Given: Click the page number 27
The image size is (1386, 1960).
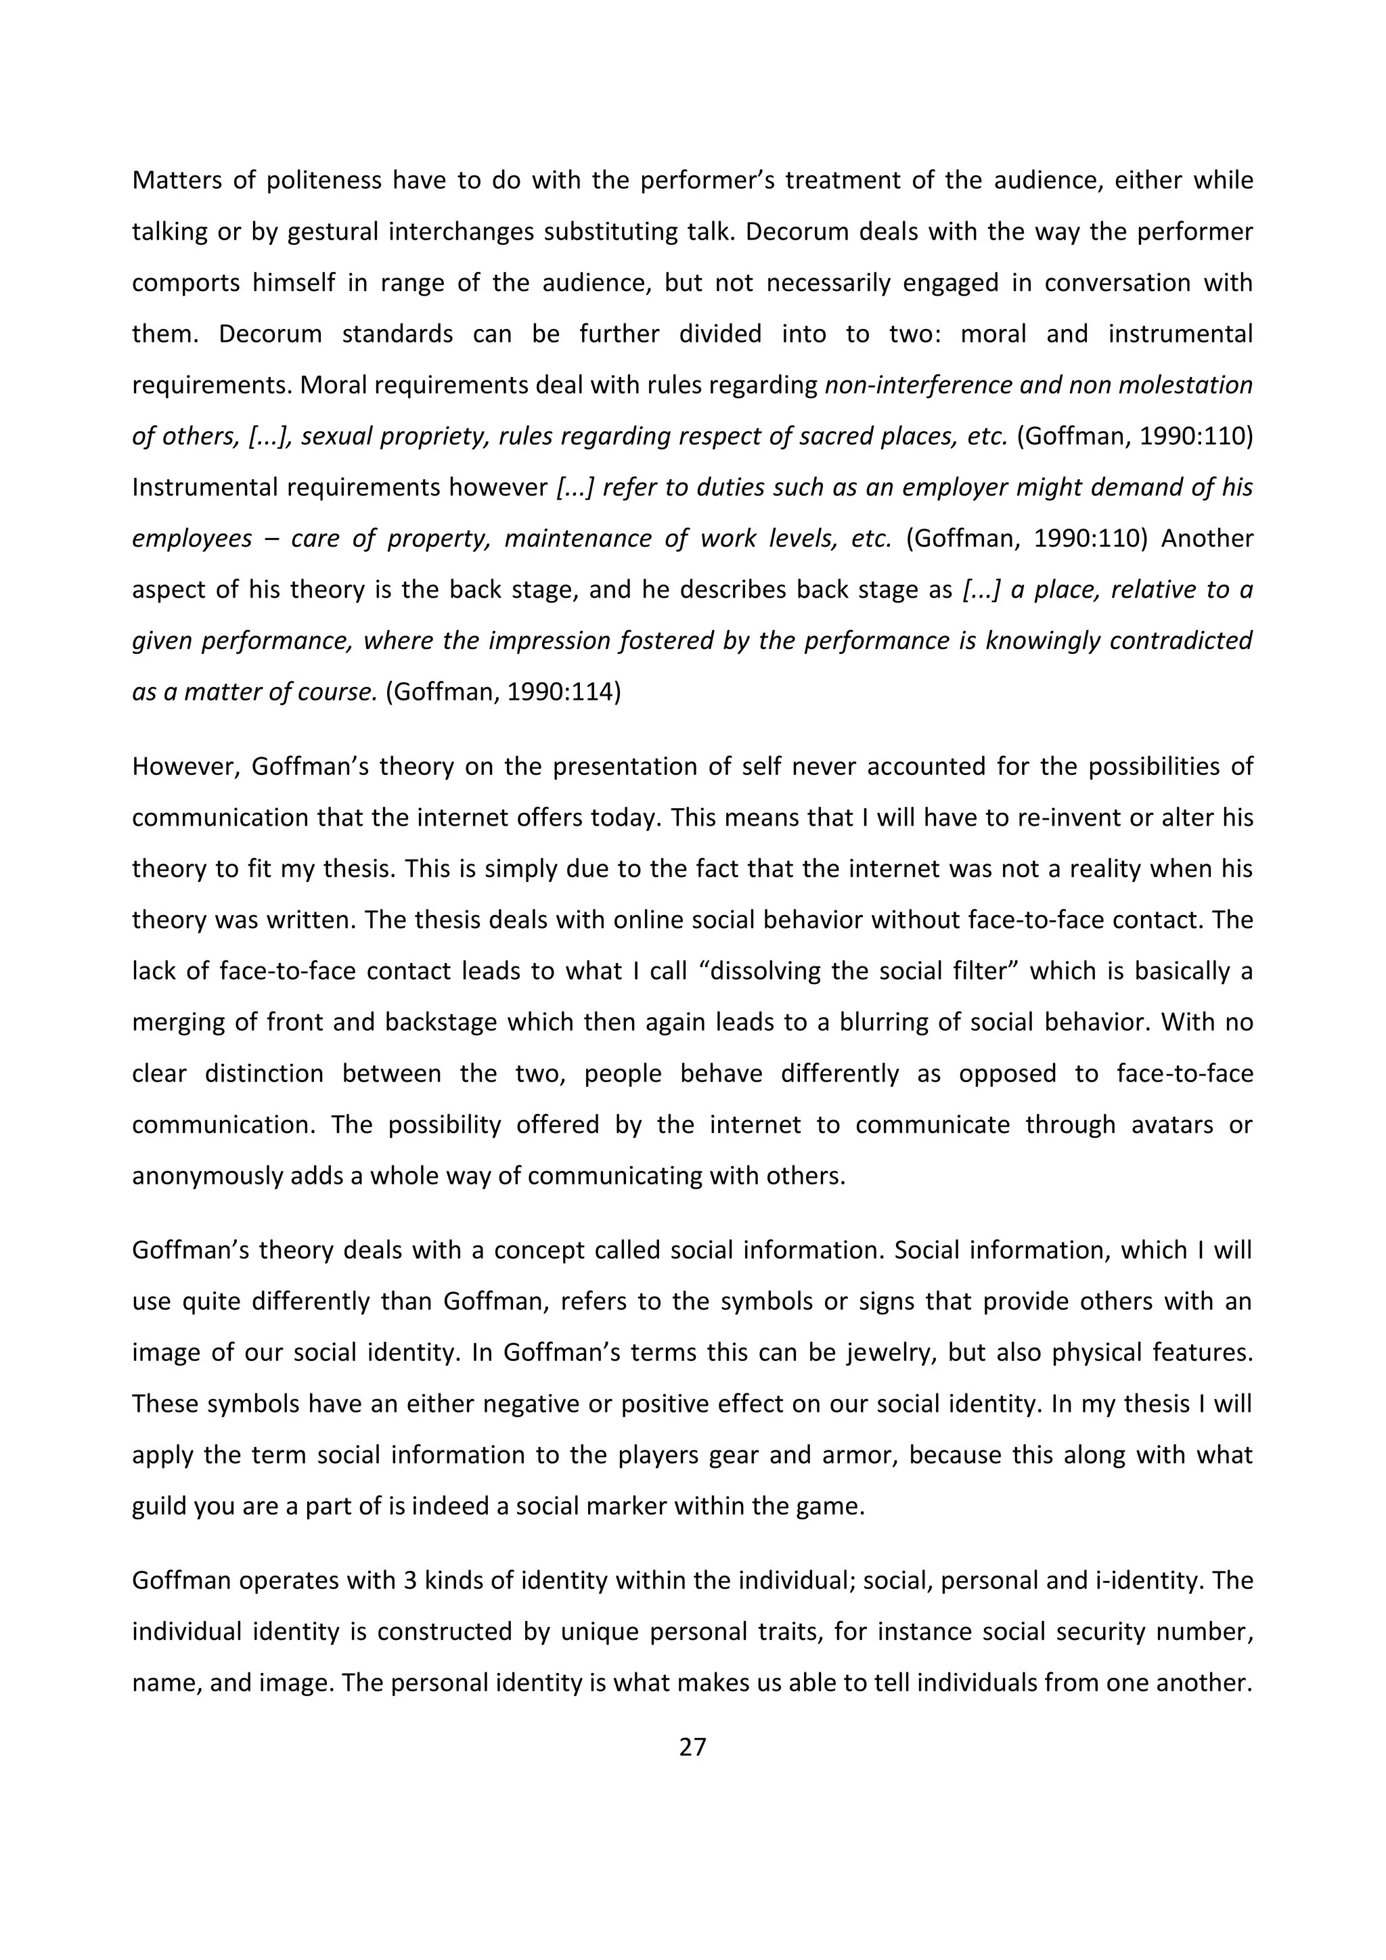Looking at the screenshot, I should pyautogui.click(x=692, y=1747).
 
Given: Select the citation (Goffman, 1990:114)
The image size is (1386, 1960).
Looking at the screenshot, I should pyautogui.click(x=504, y=692).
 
